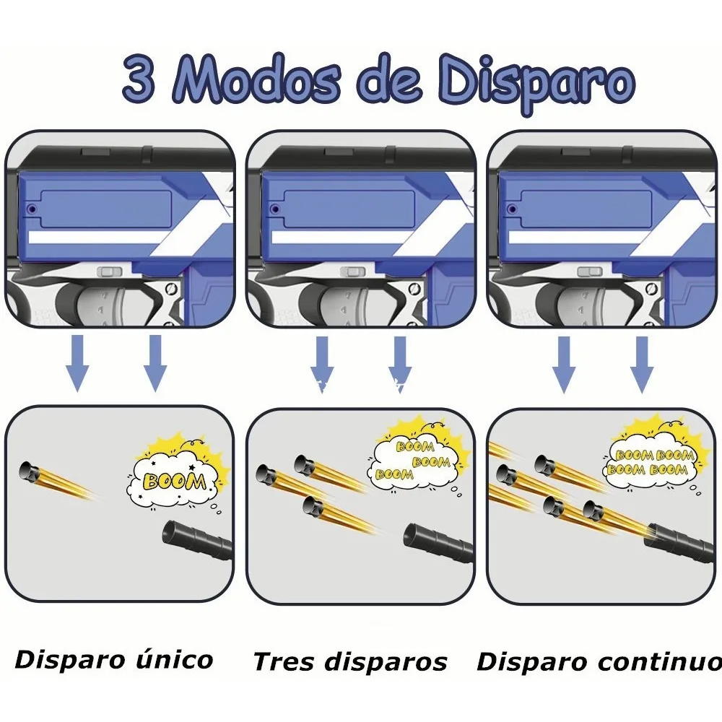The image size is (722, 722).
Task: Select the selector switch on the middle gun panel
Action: pyautogui.click(x=352, y=271)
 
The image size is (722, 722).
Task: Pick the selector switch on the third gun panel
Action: pyautogui.click(x=590, y=271)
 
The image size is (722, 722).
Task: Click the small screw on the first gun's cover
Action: pyautogui.click(x=32, y=209)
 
